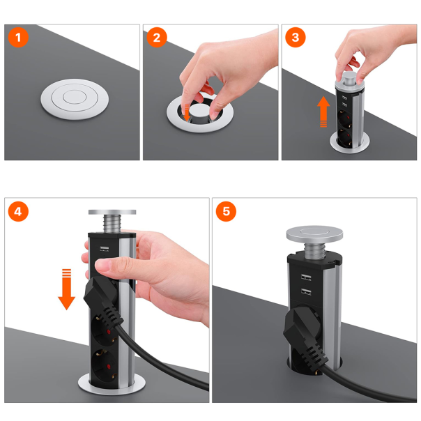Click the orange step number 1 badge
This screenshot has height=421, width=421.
click(x=18, y=38)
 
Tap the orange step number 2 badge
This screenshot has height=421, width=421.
click(x=157, y=38)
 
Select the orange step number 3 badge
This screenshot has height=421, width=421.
click(x=296, y=38)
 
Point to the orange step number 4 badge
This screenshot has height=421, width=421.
click(x=18, y=212)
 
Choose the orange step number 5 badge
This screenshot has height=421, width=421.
click(x=226, y=212)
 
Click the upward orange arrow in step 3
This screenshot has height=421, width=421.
click(x=323, y=111)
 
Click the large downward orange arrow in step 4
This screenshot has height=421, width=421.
click(x=67, y=289)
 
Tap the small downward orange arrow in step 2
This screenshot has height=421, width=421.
click(x=186, y=112)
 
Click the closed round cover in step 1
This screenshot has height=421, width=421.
click(x=75, y=99)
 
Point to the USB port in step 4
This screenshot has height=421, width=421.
click(x=104, y=249)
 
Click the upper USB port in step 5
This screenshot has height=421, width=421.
click(x=306, y=277)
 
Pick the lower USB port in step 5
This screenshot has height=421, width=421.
click(x=306, y=291)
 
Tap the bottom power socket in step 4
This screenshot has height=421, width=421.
click(x=103, y=367)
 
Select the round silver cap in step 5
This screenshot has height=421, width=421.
click(x=314, y=233)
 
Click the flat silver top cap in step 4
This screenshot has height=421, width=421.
click(x=112, y=212)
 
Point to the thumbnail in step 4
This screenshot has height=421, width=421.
click(x=102, y=265)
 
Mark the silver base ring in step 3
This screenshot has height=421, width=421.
click(x=350, y=144)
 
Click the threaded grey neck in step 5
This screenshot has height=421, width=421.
click(x=315, y=250)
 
